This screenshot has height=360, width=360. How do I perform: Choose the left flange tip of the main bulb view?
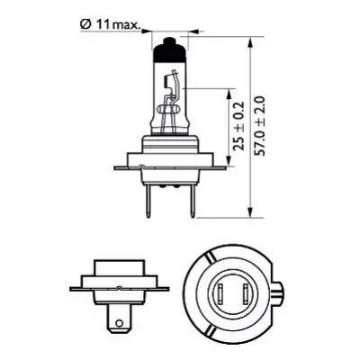pyautogui.click(x=117, y=166)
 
